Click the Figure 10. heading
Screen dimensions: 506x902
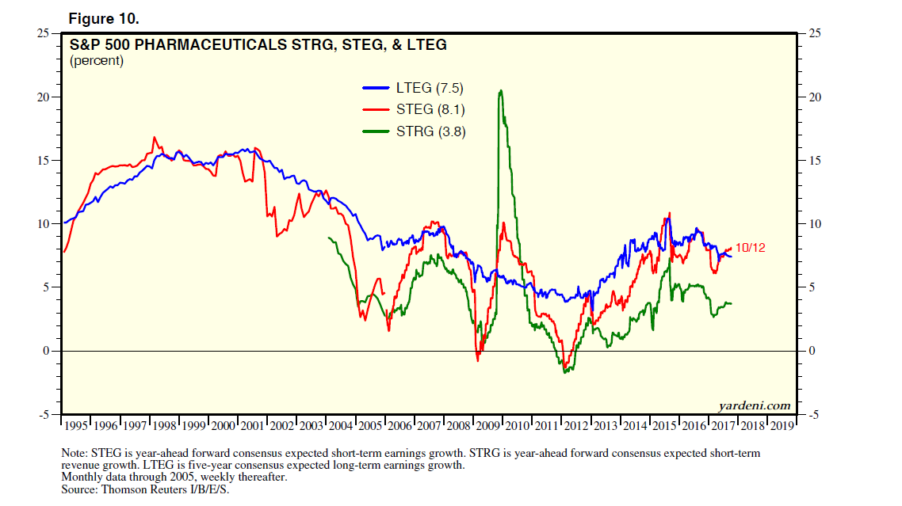105,17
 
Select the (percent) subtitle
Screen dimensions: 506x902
97,61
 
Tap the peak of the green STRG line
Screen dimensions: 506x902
500,91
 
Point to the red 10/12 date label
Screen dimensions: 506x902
751,248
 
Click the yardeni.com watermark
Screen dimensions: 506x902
755,405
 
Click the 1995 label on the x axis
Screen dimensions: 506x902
77,425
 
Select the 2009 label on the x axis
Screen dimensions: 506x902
487,425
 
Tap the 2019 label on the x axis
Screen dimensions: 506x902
781,425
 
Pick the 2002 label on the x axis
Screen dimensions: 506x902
282,425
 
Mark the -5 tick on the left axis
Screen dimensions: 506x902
46,415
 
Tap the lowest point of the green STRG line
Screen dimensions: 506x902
564,372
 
